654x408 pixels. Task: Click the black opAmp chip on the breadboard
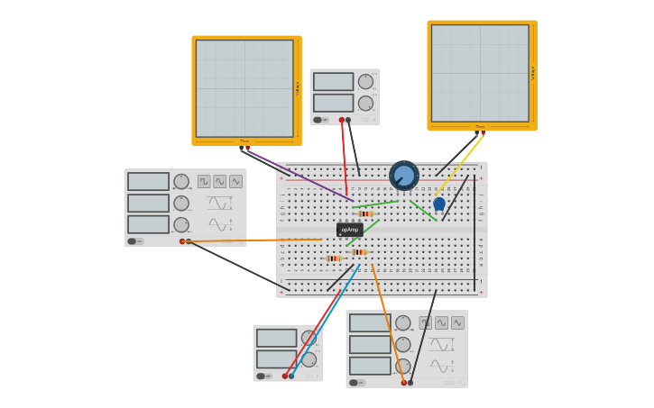point(349,230)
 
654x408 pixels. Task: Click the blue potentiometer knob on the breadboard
point(404,176)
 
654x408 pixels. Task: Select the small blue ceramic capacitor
point(439,204)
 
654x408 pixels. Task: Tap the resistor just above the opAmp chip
point(365,213)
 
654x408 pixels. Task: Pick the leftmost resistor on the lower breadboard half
point(333,258)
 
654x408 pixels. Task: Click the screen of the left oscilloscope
point(244,88)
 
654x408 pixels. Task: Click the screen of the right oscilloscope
point(480,73)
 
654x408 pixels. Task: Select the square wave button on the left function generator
point(204,181)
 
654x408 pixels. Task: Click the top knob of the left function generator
point(181,181)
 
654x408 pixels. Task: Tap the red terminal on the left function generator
point(182,241)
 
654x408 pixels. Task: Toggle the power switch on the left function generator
point(132,241)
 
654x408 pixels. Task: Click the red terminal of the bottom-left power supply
point(285,376)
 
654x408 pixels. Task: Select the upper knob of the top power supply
point(365,82)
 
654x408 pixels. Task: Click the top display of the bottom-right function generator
point(370,322)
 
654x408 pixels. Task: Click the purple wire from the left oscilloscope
point(298,175)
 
